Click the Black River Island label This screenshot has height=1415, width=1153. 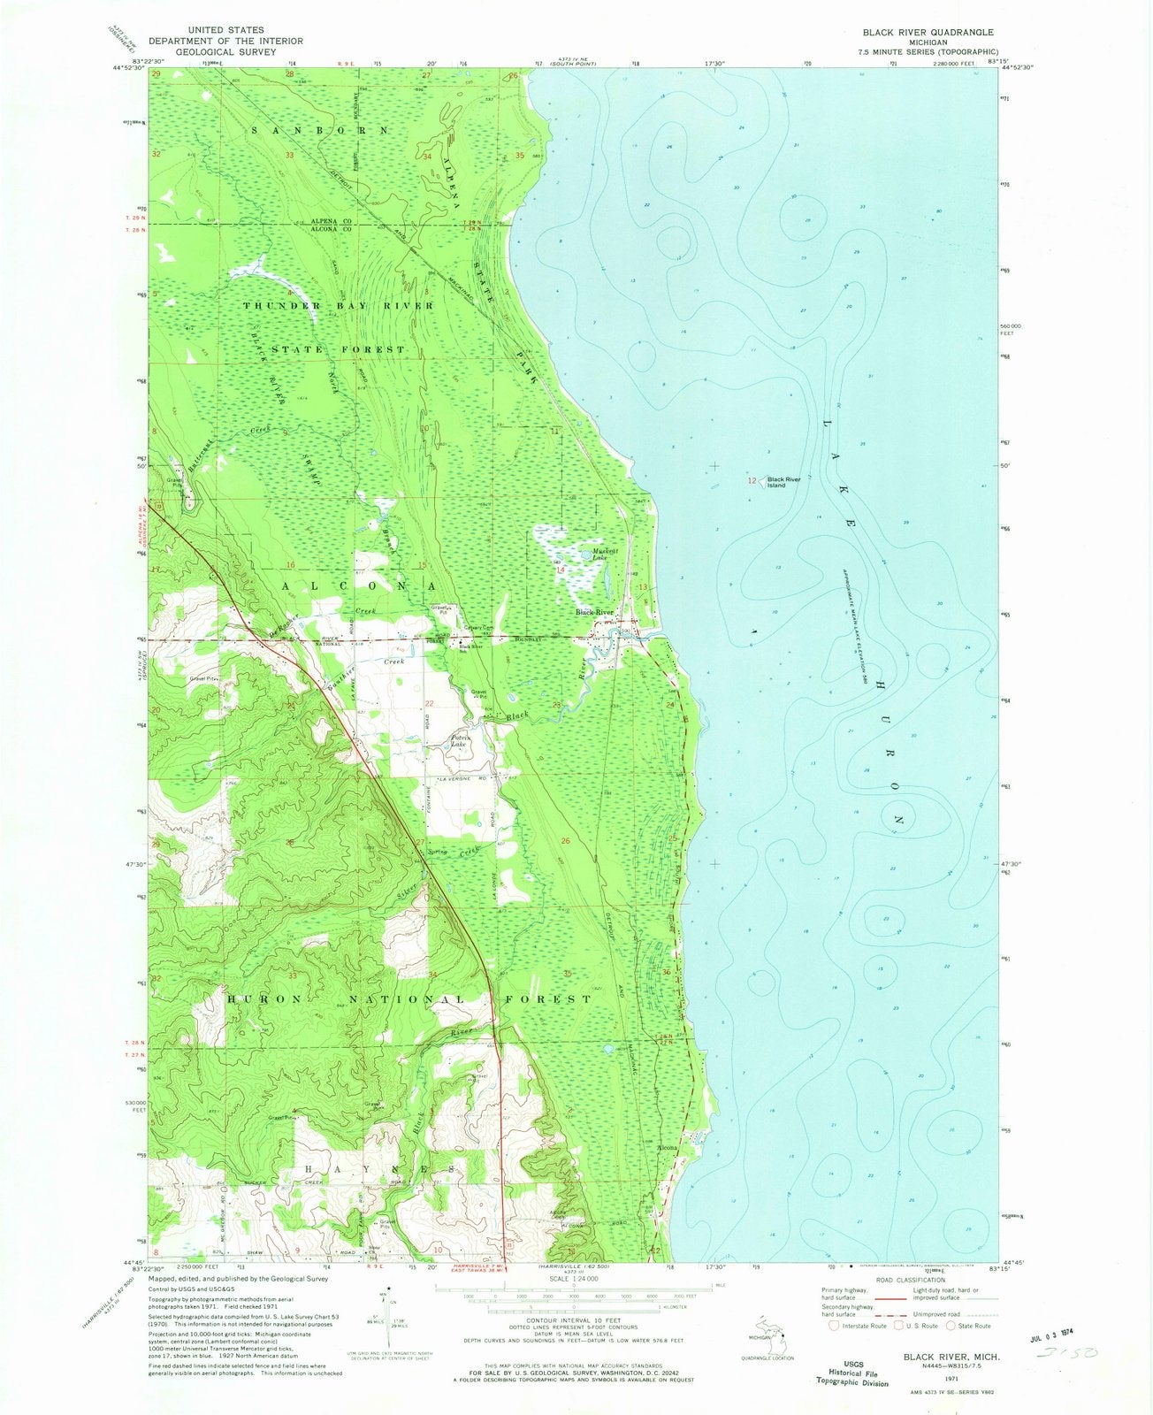[783, 482]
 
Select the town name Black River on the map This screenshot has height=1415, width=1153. [594, 612]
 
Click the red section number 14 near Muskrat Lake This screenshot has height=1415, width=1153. [560, 570]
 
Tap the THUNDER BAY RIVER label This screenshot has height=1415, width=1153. [339, 305]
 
